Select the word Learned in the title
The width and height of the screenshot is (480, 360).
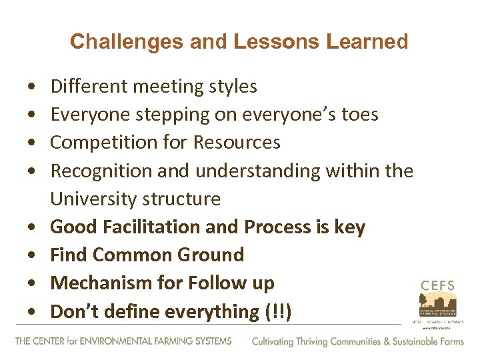click(367, 42)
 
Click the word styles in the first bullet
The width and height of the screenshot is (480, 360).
click(231, 87)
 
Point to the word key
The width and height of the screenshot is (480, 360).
click(350, 227)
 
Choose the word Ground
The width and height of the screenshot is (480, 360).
click(212, 255)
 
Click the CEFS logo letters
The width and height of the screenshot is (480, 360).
click(437, 286)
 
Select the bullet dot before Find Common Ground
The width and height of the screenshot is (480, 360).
click(33, 256)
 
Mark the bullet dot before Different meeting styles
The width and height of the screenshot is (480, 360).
click(33, 87)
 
